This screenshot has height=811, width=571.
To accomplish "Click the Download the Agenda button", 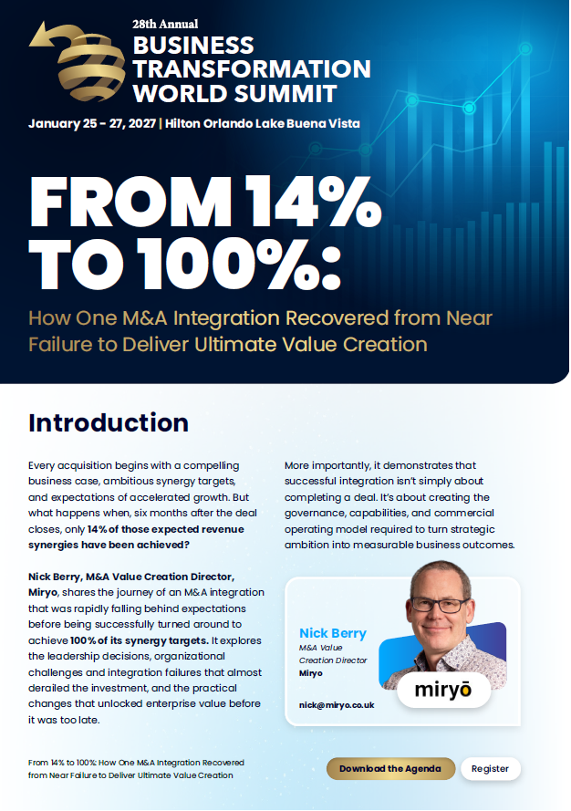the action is tap(390, 769).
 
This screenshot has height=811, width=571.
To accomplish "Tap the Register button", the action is tap(491, 769).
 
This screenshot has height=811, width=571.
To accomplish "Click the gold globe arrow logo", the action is tap(78, 61).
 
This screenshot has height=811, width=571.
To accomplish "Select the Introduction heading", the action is tap(109, 422).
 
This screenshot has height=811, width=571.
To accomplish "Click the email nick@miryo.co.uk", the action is tap(337, 705).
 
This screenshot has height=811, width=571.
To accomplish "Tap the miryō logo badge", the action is tap(444, 690).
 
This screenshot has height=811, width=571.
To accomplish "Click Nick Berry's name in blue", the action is tap(333, 633).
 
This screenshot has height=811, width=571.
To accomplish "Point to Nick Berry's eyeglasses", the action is tap(440, 604).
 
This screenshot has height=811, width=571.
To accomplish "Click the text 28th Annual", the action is tap(165, 25).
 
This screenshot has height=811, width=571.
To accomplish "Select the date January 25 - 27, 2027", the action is tap(92, 124).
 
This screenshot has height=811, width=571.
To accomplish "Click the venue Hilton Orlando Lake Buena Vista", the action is tap(263, 124).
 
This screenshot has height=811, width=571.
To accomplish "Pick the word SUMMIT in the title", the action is tap(285, 94).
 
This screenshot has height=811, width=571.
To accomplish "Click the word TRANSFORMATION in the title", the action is tap(252, 68).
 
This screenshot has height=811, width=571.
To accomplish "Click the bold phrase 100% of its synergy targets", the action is tap(140, 640).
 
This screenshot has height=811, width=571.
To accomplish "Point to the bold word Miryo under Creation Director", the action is tap(311, 673).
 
